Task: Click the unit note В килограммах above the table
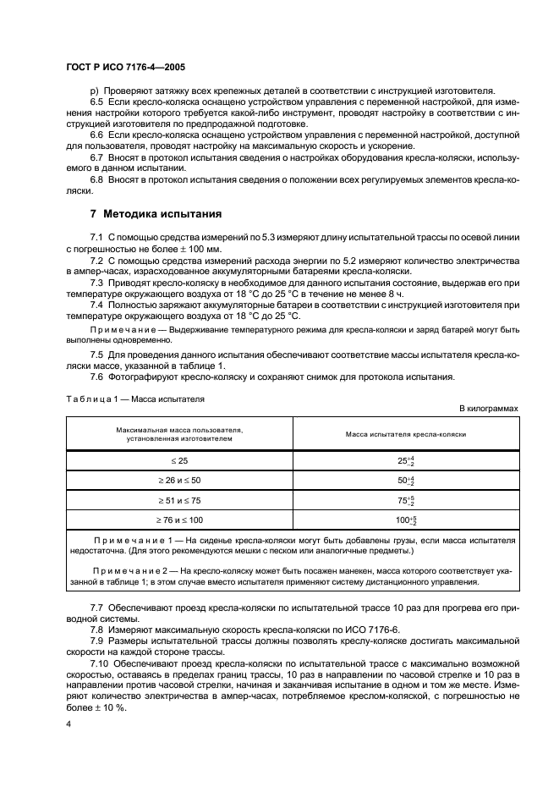[x=488, y=408]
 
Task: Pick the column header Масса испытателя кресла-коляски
[x=406, y=434]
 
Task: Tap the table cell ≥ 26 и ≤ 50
[x=179, y=481]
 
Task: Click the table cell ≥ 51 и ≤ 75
[x=179, y=501]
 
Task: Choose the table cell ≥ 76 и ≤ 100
[x=179, y=521]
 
